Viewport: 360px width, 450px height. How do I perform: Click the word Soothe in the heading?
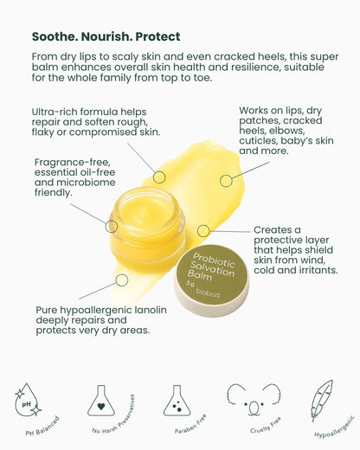[55, 36]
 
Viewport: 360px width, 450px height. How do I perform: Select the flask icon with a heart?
[102, 401]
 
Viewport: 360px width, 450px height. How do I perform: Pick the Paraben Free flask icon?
[177, 400]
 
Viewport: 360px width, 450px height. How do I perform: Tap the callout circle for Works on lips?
[226, 181]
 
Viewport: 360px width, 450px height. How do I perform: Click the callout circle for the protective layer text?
[203, 231]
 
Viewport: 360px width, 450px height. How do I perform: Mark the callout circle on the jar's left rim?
[112, 226]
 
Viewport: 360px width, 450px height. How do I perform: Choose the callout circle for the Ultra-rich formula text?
[159, 177]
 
